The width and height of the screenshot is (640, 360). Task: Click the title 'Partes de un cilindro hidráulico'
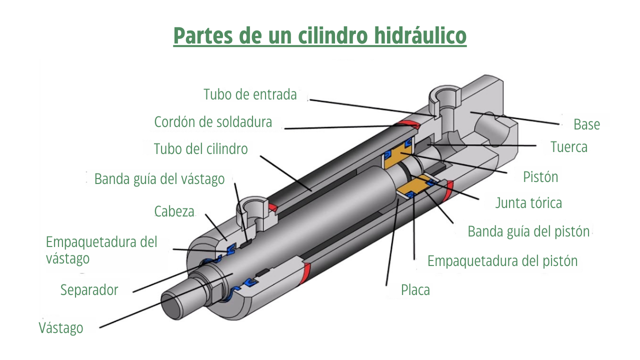[x=319, y=35]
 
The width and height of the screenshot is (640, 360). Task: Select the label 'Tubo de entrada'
[x=250, y=94]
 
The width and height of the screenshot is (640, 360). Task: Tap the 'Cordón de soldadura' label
[x=213, y=122]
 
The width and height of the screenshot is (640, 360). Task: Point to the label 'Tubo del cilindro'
[x=200, y=149]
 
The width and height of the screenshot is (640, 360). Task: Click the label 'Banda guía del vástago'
[x=159, y=179]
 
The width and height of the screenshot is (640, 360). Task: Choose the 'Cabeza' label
[x=174, y=211]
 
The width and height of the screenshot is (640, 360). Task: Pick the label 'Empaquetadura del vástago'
[x=101, y=250]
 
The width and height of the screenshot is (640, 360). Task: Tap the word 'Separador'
[x=89, y=290]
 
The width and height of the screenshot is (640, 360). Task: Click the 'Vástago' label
[x=61, y=327]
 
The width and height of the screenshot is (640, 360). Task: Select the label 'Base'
[x=586, y=124]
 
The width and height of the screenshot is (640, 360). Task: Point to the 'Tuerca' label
[x=569, y=147]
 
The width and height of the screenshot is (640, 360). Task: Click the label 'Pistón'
[x=540, y=177]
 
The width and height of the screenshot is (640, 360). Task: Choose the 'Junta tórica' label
[x=528, y=203]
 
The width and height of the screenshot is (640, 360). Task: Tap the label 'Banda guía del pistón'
[x=528, y=231]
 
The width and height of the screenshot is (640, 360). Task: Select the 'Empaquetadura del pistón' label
[x=502, y=261]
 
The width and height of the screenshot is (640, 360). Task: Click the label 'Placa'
[x=415, y=290]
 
